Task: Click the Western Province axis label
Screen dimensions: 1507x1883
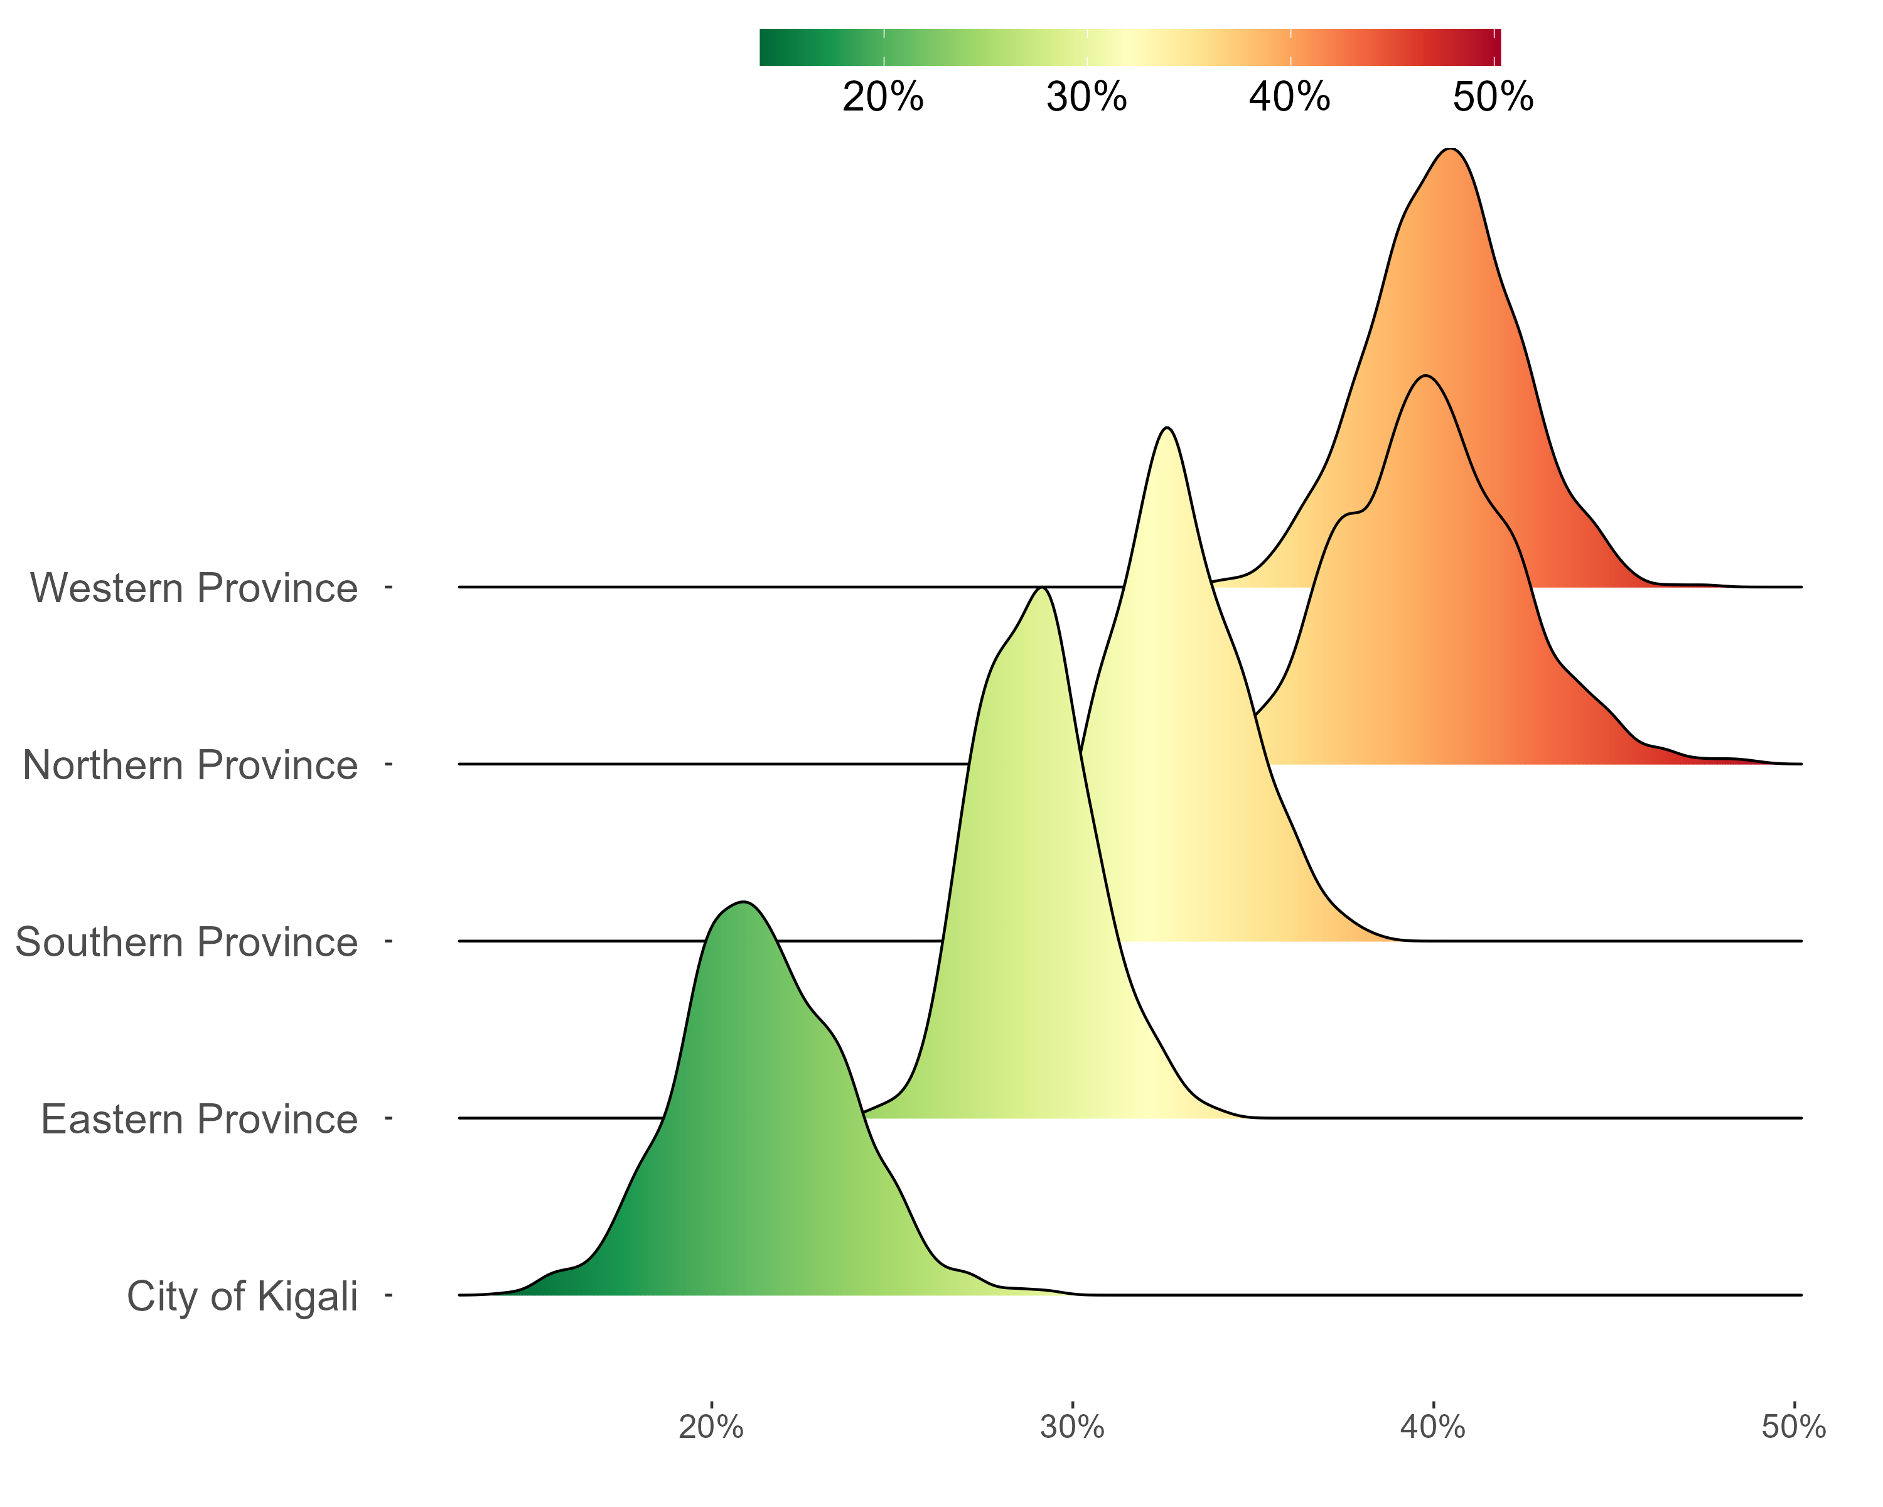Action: (x=194, y=588)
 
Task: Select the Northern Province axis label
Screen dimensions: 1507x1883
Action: (x=190, y=765)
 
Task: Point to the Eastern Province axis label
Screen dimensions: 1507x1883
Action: (x=199, y=1119)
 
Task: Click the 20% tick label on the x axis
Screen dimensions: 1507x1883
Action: (x=711, y=1427)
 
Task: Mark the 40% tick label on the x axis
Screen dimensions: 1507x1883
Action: (x=1432, y=1427)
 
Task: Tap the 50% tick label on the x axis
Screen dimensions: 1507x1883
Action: (x=1793, y=1427)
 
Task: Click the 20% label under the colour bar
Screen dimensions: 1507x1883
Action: (x=883, y=97)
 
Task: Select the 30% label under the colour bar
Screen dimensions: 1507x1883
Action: (x=1086, y=97)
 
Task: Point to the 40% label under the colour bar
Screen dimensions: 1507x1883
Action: (x=1289, y=97)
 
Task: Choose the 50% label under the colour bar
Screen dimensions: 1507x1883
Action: (x=1493, y=97)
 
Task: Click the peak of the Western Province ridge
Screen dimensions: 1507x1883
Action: (x=1450, y=150)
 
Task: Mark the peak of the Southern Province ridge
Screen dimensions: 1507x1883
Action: (x=1167, y=429)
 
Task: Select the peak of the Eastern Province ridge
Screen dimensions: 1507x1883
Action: (x=1041, y=589)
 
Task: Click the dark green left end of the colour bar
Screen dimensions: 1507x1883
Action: (x=767, y=47)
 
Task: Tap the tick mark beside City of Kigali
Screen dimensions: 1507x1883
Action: (x=389, y=1295)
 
